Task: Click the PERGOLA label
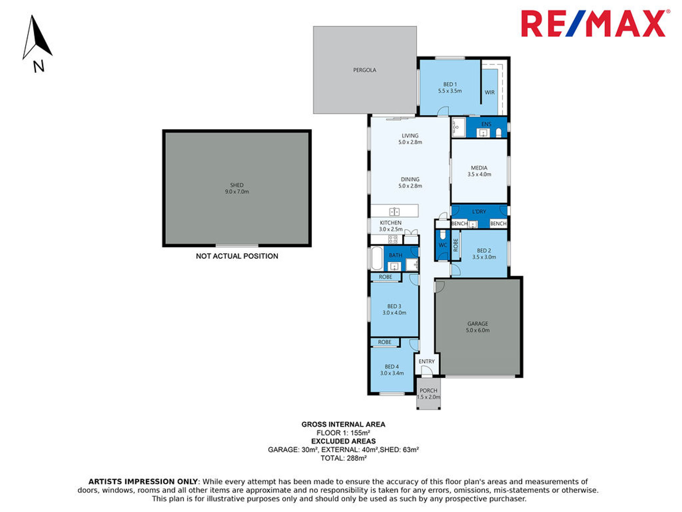tap(365, 70)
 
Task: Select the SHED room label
tap(237, 185)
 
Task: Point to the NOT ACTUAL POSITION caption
tap(237, 256)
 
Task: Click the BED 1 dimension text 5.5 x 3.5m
tap(450, 91)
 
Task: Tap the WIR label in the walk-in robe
tap(490, 92)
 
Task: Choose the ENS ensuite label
tap(486, 124)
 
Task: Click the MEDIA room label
tap(479, 168)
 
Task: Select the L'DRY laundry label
tap(479, 212)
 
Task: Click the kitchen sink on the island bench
tap(395, 212)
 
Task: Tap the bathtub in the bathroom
tap(377, 258)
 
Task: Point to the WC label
tap(443, 245)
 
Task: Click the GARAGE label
tap(478, 324)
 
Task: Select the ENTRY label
tap(427, 361)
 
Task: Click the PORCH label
tap(428, 390)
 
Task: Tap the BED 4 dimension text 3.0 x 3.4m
tap(392, 373)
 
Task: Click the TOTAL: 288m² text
tap(343, 458)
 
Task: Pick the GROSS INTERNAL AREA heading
tap(343, 424)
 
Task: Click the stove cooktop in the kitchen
tap(393, 239)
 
